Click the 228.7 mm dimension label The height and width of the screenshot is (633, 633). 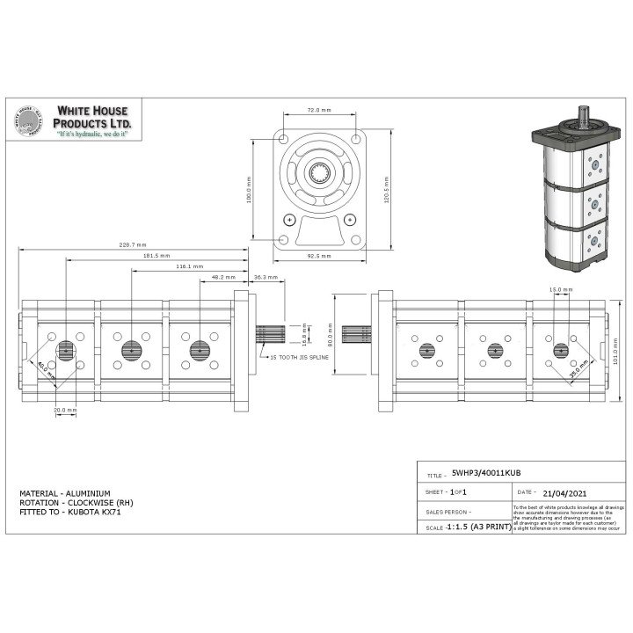pyautogui.click(x=132, y=246)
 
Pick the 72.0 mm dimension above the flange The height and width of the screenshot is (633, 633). pyautogui.click(x=318, y=111)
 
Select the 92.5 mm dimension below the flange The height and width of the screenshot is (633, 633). pyautogui.click(x=318, y=256)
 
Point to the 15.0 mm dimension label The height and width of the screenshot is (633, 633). pyautogui.click(x=561, y=289)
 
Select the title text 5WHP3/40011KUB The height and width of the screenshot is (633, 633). pyautogui.click(x=482, y=472)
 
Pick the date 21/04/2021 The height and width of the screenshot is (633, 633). pyautogui.click(x=565, y=493)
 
